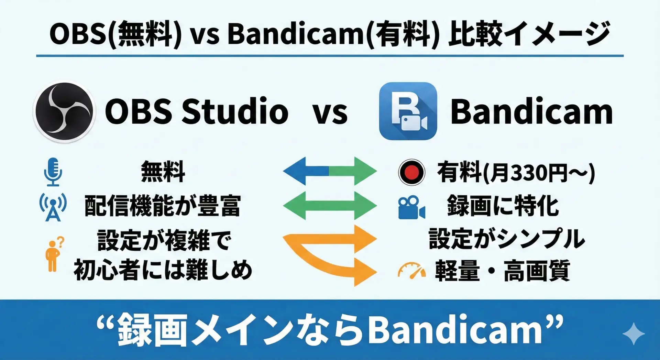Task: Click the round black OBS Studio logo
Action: pos(64,111)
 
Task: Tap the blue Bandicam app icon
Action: pos(408,111)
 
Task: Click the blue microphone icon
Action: pos(53,172)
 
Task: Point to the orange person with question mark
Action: pos(54,254)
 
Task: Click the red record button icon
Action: pos(411,172)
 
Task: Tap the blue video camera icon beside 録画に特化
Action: pos(411,208)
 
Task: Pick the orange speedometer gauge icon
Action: pos(411,270)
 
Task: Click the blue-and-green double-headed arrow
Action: pos(330,171)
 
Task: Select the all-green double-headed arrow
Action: pos(330,206)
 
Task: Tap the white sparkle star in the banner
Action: pos(633,334)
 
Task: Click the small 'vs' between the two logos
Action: pos(330,113)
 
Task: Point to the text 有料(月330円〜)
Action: pos(516,172)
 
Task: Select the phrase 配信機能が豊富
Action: pos(162,206)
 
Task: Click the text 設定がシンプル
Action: pos(507,238)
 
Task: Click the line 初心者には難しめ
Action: pos(163,270)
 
